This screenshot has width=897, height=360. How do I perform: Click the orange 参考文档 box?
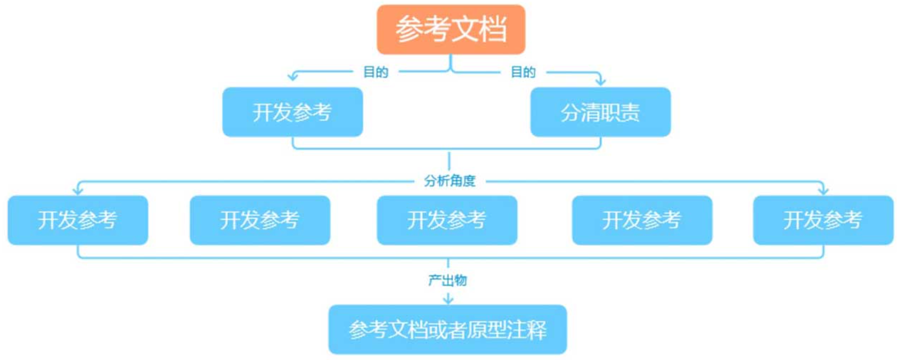pos(451,29)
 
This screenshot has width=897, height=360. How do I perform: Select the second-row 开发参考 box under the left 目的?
pos(293,112)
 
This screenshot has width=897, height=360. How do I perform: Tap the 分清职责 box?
pos(600,112)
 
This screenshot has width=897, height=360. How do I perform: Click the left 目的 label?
pos(376,72)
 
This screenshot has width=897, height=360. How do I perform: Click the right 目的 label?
pos(523,72)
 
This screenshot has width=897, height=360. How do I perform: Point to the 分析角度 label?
pos(449,181)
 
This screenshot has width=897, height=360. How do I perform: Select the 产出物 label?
pos(447,280)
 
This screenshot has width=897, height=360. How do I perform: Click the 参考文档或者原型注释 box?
pos(447,330)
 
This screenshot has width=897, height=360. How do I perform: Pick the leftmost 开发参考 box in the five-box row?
pos(78,220)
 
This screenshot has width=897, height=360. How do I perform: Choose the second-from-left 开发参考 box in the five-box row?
pos(260,220)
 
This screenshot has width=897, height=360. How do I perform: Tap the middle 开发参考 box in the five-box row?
pos(447,220)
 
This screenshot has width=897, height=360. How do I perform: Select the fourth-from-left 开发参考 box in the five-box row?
pos(642,220)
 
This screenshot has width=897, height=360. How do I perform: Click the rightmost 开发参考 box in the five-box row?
pos(823,220)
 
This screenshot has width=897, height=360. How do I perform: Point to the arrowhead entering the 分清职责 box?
pos(601,81)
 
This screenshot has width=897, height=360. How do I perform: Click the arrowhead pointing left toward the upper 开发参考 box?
pos(293,76)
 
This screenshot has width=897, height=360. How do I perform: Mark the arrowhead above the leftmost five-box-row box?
pos(78,190)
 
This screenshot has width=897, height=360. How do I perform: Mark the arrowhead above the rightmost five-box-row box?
pos(823,190)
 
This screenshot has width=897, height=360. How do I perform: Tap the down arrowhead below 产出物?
pos(448,300)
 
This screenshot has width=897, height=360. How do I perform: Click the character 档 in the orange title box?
pos(492,29)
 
